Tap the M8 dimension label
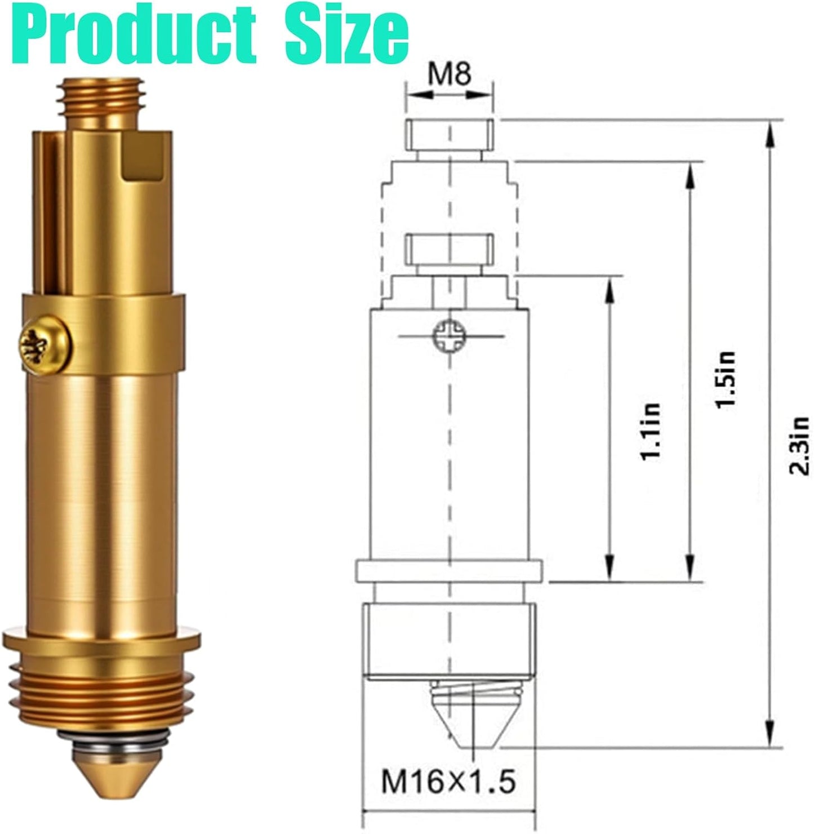click(x=450, y=74)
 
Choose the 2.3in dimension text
click(x=799, y=446)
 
